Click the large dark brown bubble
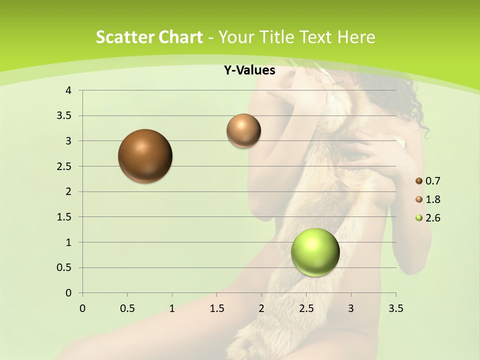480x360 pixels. point(145,156)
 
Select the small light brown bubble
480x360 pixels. point(243,131)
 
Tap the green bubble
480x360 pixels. point(315,252)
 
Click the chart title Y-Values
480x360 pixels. point(249,70)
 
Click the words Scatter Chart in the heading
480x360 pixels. point(149,37)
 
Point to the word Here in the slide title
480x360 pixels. point(356,37)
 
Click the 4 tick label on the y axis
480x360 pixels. point(68,90)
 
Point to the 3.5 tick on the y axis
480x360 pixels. point(64,116)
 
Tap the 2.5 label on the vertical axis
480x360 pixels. point(64,166)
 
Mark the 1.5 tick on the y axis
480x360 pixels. point(64,217)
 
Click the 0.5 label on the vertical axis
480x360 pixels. point(64,267)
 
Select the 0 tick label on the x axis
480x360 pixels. point(82,308)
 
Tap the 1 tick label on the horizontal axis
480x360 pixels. point(172,308)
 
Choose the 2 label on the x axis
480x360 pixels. point(261,308)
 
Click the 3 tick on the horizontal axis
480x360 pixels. point(351,308)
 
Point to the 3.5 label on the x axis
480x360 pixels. point(395,308)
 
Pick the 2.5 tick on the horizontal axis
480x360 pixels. point(306,308)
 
